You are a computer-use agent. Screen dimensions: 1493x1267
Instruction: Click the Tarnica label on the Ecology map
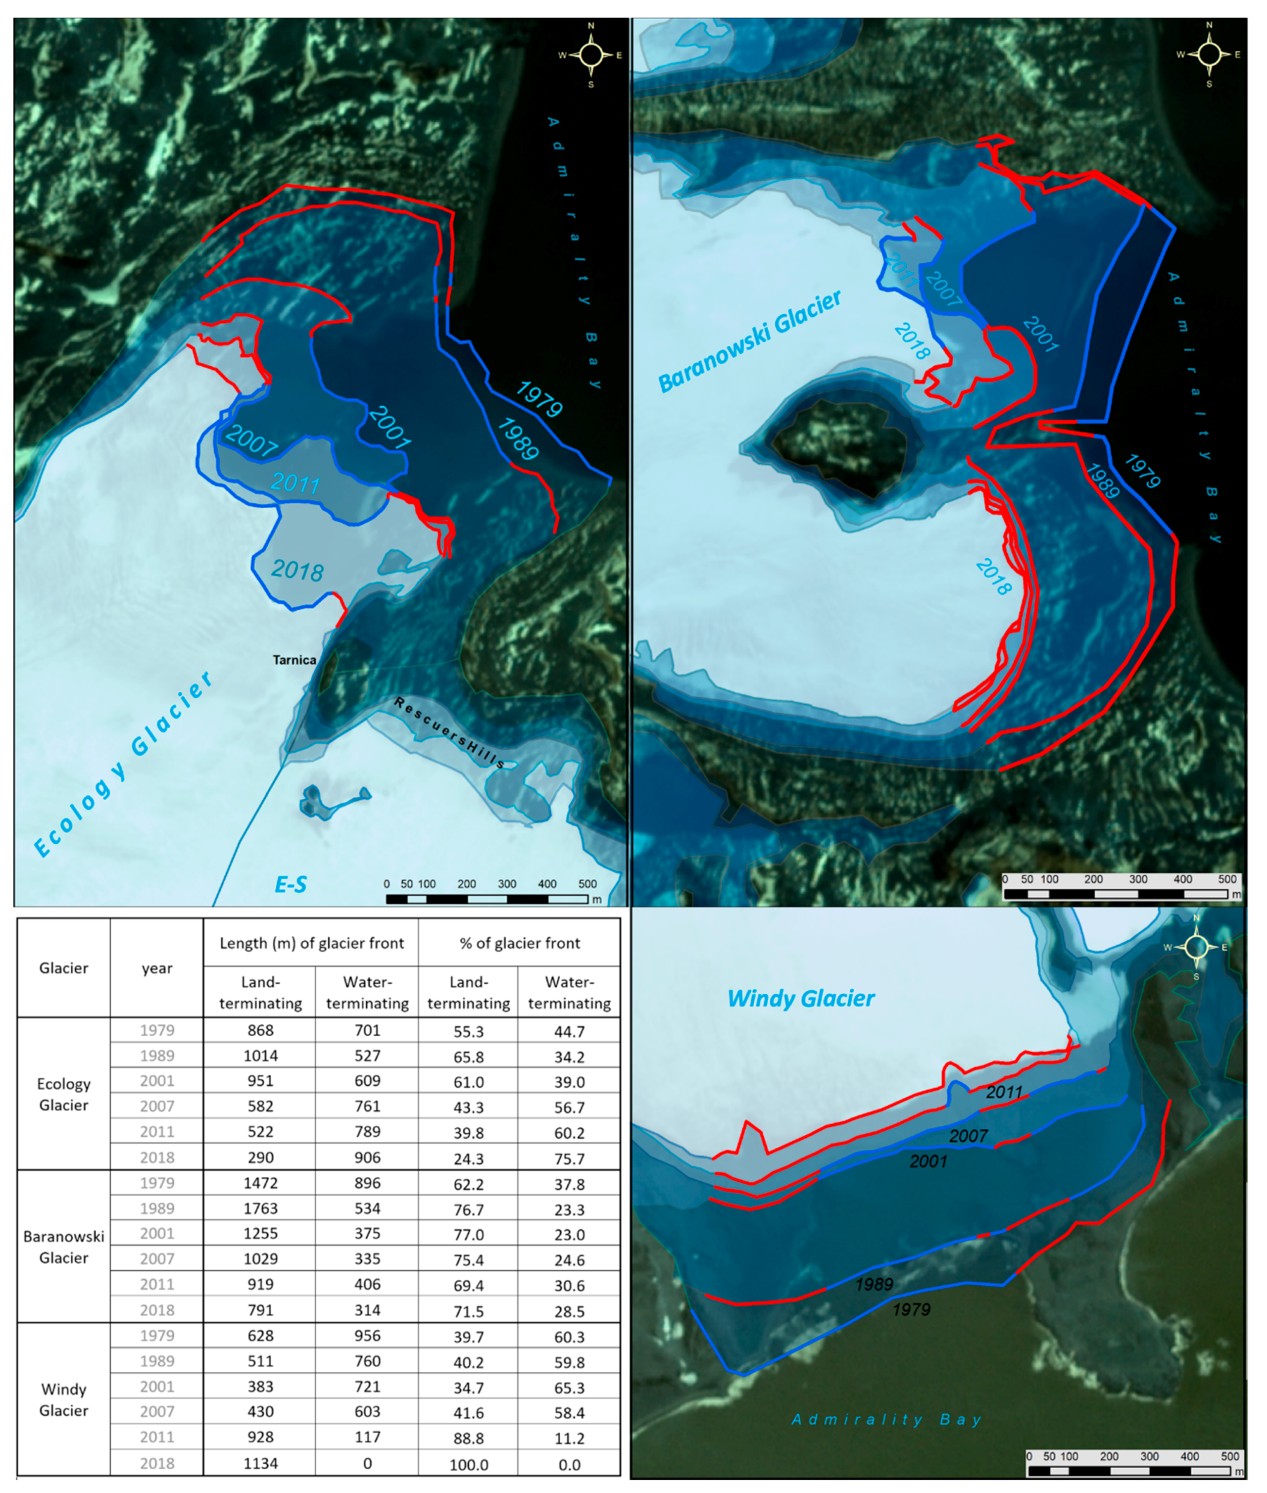tap(294, 659)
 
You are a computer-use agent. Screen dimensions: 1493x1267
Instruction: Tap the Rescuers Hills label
tap(449, 732)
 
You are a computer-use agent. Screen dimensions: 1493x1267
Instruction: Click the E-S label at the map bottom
tap(291, 884)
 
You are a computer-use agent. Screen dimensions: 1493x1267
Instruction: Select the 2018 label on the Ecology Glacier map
tap(297, 570)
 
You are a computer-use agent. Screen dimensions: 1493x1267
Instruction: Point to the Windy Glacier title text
tap(801, 998)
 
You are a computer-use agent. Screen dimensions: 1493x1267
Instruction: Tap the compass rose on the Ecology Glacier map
tap(591, 54)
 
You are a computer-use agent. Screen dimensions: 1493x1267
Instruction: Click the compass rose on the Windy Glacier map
tap(1196, 947)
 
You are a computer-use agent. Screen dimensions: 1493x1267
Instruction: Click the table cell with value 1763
tap(260, 1208)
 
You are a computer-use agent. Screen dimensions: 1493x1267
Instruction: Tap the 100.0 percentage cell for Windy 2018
tap(468, 1464)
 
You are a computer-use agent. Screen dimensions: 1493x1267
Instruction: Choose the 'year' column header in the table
tap(156, 967)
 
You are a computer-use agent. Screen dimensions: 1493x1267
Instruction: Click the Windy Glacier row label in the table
tap(63, 1399)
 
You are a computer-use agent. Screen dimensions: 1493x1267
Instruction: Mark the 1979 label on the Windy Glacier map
tap(911, 1309)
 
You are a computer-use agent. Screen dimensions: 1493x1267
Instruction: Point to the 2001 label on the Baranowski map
tap(1040, 334)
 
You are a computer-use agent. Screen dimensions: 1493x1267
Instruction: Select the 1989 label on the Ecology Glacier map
tap(517, 439)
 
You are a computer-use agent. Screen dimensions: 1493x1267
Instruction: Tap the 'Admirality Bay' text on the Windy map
tap(886, 1419)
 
